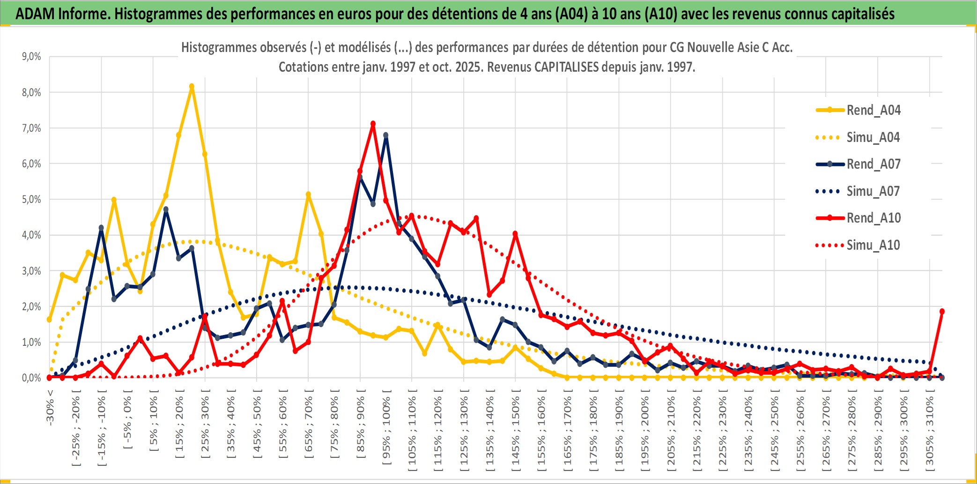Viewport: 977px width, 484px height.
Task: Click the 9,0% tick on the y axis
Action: click(x=31, y=57)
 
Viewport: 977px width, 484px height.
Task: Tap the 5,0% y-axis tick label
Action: click(x=31, y=200)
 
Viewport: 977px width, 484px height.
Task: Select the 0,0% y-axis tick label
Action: click(x=31, y=378)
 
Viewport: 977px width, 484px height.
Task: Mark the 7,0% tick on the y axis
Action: click(x=31, y=128)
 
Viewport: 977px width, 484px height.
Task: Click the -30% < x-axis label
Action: click(x=50, y=408)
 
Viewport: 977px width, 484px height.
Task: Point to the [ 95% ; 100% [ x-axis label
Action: click(x=386, y=431)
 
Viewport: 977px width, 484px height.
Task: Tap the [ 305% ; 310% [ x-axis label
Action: click(x=929, y=431)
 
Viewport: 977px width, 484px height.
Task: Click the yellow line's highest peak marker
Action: click(x=192, y=87)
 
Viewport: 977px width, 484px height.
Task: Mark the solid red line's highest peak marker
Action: click(x=373, y=124)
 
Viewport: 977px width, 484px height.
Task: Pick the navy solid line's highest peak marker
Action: click(x=386, y=135)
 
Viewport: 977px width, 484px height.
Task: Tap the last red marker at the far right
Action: click(x=942, y=311)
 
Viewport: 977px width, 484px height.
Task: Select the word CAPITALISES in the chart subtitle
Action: click(x=566, y=67)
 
